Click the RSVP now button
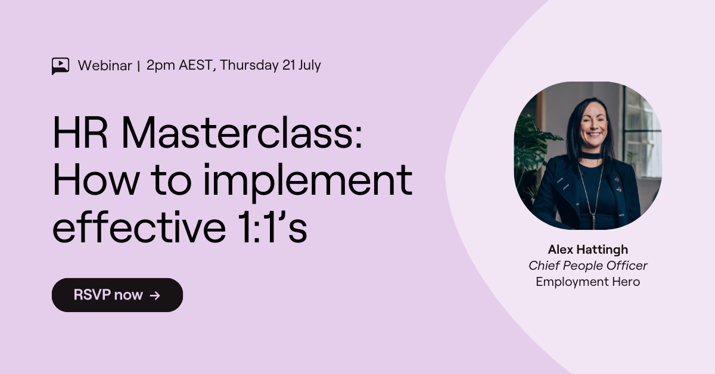pos(117,295)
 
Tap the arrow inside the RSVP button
pos(155,295)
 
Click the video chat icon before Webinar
pos(60,66)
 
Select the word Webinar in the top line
pos(104,66)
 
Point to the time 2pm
pos(159,66)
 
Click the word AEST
pos(195,66)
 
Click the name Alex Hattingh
pos(587,250)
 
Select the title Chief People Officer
pos(587,266)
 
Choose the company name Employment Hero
pos(587,282)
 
